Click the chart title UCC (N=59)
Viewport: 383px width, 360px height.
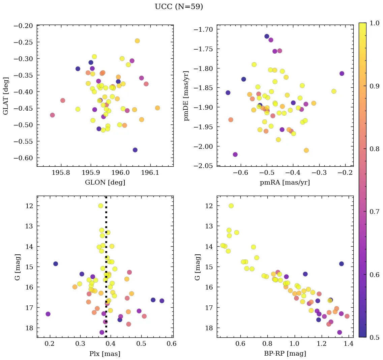click(x=179, y=7)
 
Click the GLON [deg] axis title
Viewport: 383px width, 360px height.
click(x=105, y=183)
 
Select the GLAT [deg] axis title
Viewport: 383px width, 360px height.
click(x=6, y=96)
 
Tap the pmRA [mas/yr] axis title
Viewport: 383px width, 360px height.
click(x=285, y=183)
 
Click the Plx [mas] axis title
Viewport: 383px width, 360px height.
click(x=105, y=354)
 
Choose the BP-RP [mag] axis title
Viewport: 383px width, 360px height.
click(x=285, y=354)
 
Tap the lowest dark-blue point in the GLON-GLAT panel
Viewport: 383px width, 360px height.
click(x=135, y=150)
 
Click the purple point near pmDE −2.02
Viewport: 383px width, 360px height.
click(x=235, y=155)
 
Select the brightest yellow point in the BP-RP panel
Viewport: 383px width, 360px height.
click(x=231, y=206)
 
